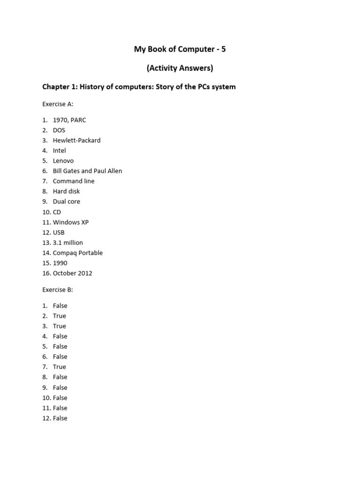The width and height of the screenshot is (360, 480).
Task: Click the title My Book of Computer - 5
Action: [180, 49]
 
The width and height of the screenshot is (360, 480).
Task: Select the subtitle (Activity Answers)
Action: [180, 68]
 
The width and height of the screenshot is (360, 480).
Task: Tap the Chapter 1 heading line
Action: [139, 87]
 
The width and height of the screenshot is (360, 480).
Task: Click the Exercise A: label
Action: [58, 104]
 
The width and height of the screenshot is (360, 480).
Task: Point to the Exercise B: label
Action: [58, 290]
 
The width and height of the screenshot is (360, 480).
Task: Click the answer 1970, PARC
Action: [69, 120]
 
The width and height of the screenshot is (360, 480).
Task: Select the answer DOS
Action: [59, 130]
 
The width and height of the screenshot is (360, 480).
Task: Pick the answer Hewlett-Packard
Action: [76, 140]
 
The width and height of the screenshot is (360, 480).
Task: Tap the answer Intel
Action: [60, 150]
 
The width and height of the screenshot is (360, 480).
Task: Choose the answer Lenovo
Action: [63, 161]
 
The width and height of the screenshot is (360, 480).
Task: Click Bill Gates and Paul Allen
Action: [87, 171]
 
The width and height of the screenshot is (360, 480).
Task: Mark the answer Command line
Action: [74, 181]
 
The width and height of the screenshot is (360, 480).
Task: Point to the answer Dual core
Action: [67, 202]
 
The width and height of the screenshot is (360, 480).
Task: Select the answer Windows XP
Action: [71, 222]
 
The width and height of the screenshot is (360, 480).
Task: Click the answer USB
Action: [59, 232]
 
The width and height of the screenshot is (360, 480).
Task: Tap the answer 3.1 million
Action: [68, 243]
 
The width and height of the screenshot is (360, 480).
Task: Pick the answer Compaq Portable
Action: [78, 253]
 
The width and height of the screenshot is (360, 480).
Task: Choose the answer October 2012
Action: [73, 273]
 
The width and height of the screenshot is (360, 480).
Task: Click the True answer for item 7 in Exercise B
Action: [60, 367]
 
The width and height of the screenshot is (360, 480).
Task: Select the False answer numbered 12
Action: [60, 418]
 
